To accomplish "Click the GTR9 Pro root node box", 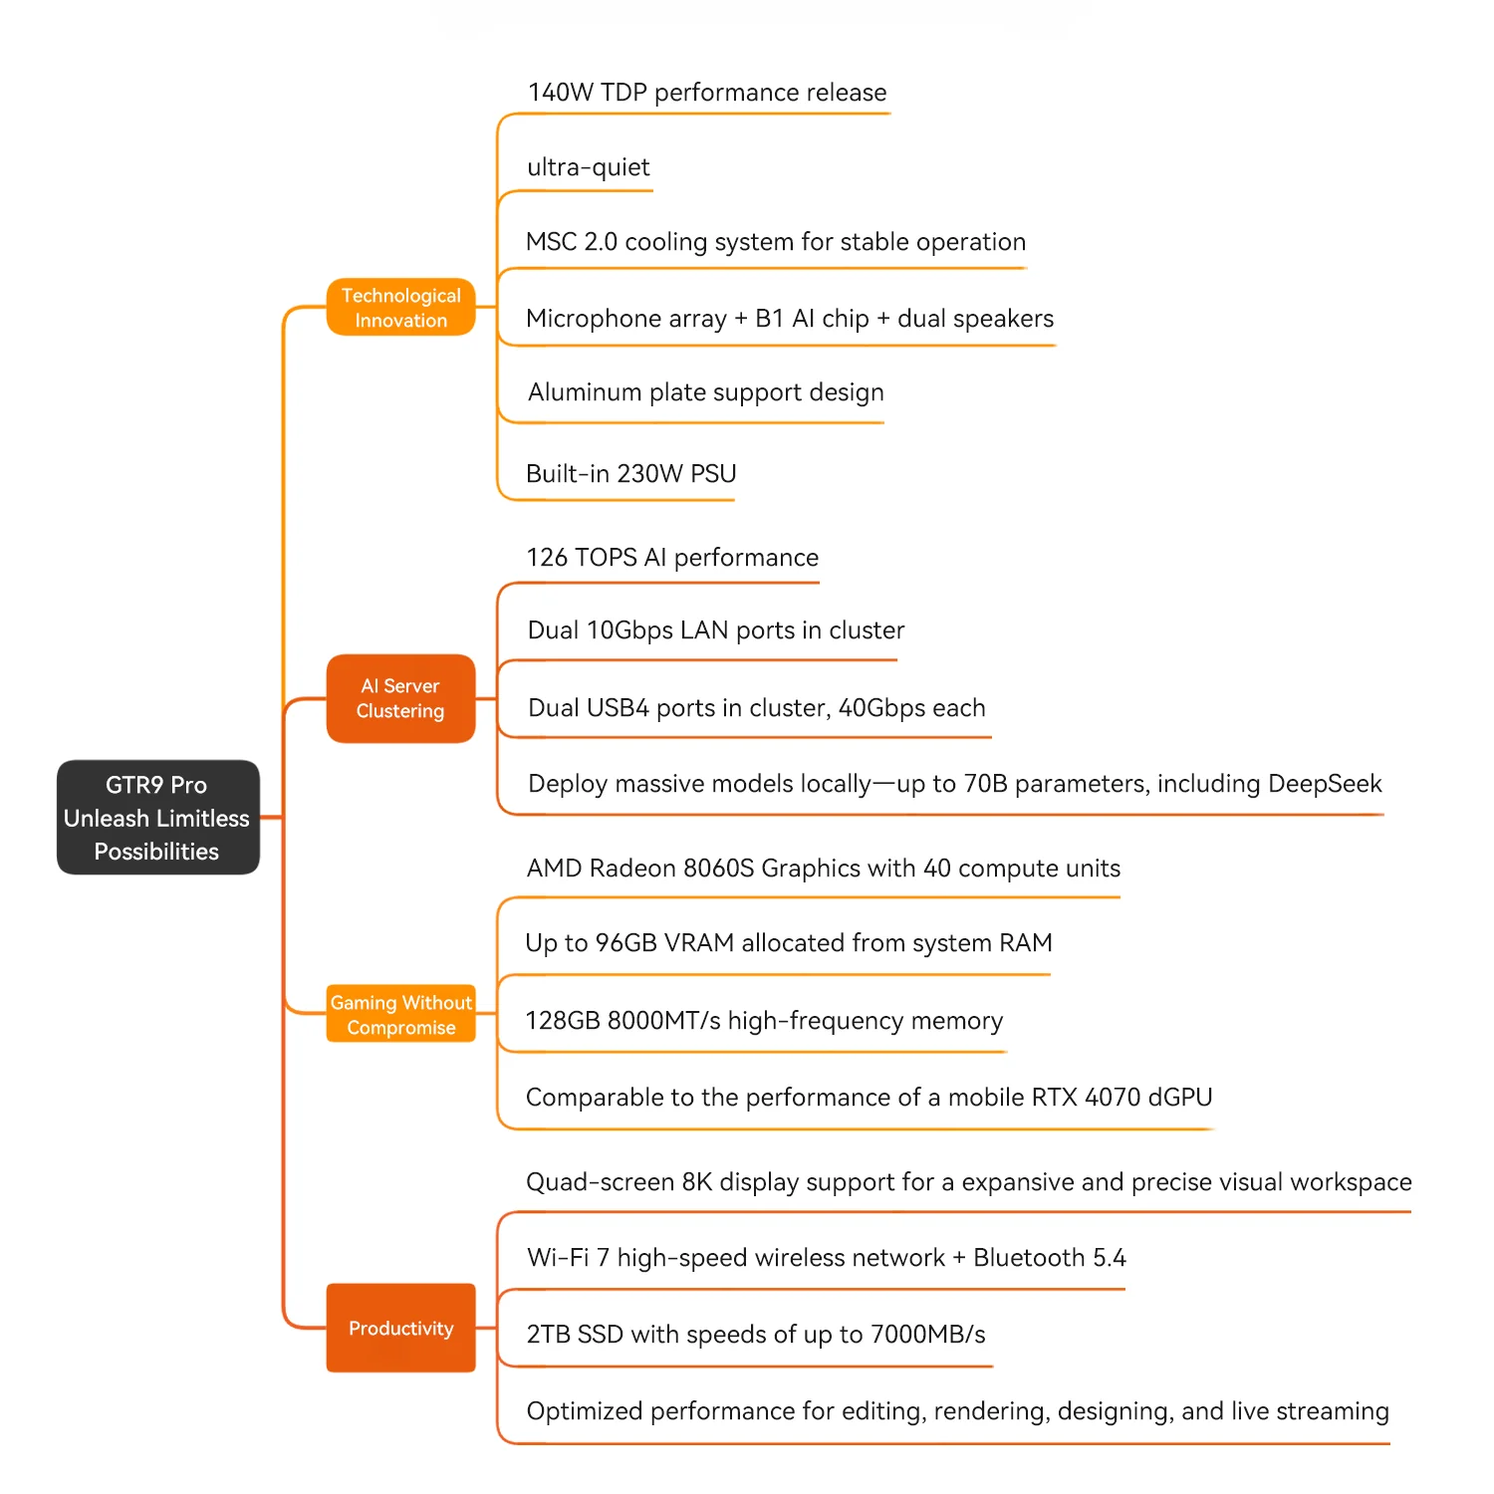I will click(157, 818).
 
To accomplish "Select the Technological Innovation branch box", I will click(400, 308).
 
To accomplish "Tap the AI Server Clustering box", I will click(400, 698).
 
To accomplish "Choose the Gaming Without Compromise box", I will click(400, 1014).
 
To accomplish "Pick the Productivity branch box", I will click(400, 1328).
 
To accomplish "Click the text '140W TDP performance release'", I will click(706, 93).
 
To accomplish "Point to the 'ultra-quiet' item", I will click(588, 167).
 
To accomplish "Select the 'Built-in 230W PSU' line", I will click(630, 474).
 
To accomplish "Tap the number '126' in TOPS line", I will click(547, 558).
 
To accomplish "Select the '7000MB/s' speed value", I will click(927, 1335).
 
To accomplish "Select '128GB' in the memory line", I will click(562, 1021).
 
